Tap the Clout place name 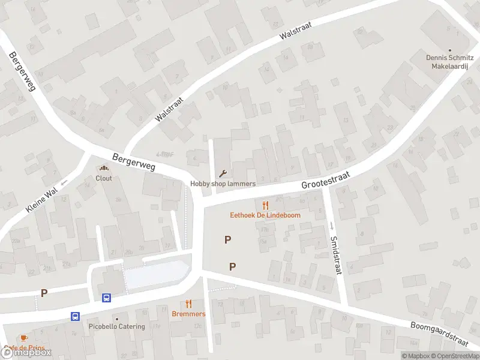[104, 178]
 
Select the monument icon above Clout [104, 169]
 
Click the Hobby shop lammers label [223, 184]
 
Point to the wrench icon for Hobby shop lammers [223, 174]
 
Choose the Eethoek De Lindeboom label [265, 215]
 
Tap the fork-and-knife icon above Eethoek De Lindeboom [265, 205]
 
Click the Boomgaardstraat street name [439, 334]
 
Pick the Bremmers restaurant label [188, 314]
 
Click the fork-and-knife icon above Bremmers [188, 304]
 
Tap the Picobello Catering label [116, 326]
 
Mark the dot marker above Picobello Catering [116, 319]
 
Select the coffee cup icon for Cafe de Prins [23, 338]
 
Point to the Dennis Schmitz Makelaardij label [450, 62]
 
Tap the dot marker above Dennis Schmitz [450, 50]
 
